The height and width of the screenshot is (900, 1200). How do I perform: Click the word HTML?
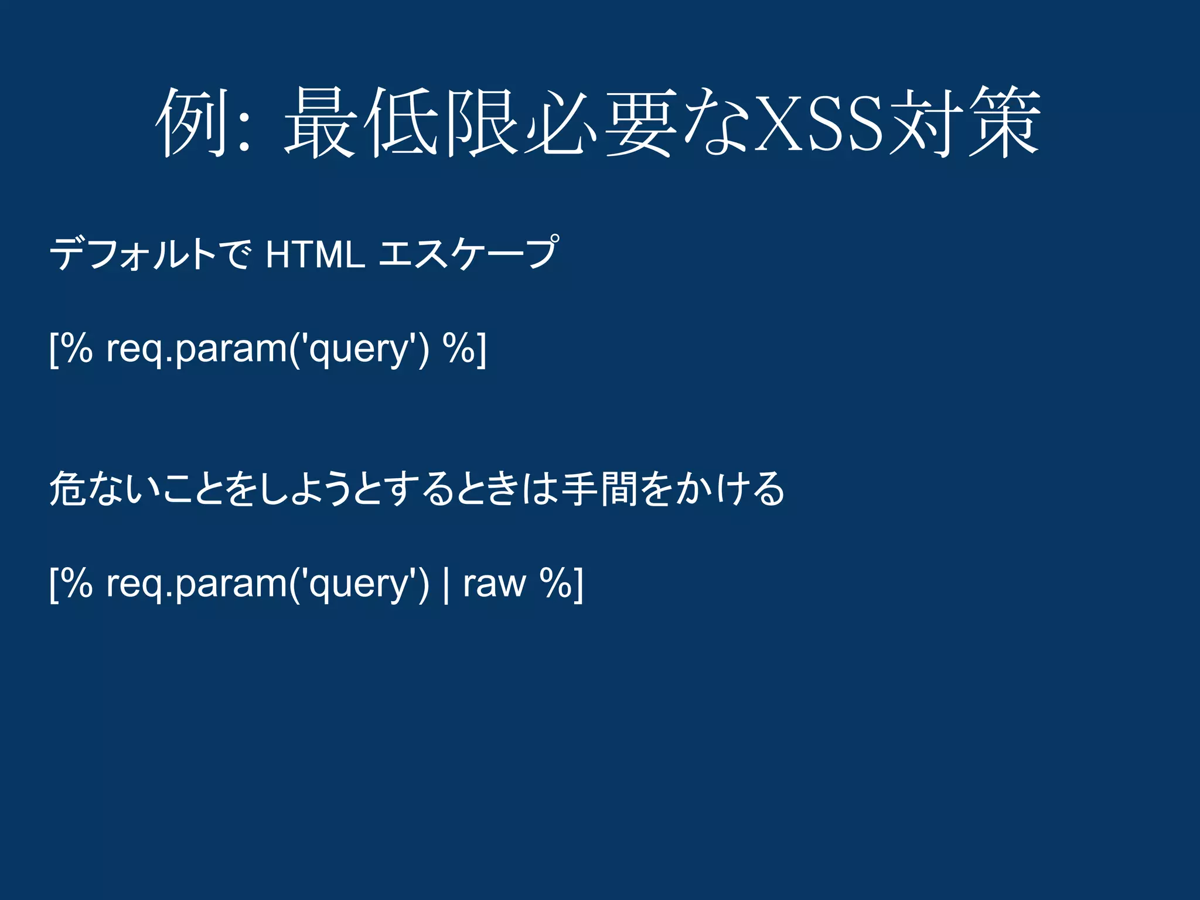point(315,254)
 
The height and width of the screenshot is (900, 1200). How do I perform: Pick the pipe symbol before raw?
point(446,585)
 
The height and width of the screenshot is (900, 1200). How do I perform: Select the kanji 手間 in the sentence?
point(599,489)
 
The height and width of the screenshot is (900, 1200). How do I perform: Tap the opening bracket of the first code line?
point(53,350)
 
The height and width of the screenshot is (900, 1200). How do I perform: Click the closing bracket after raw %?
point(578,585)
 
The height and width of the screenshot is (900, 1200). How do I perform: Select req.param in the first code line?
point(196,350)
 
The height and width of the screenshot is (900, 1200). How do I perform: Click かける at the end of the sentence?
point(729,489)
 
